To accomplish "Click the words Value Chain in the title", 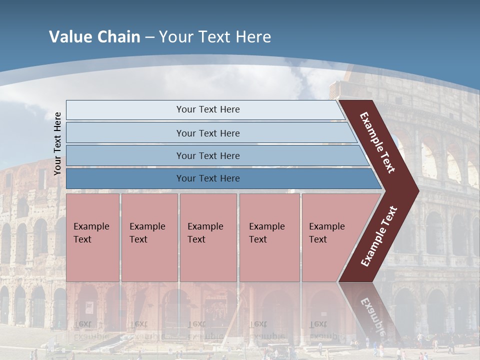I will pyautogui.click(x=94, y=37).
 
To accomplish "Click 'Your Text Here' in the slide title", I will pyautogui.click(x=215, y=37).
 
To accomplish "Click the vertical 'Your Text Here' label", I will pyautogui.click(x=57, y=143).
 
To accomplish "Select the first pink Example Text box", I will pyautogui.click(x=92, y=237).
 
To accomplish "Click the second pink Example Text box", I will pyautogui.click(x=149, y=237).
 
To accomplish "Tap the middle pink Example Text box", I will pyautogui.click(x=208, y=237).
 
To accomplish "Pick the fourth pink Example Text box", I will pyautogui.click(x=269, y=237).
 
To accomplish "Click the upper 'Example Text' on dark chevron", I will pyautogui.click(x=377, y=142).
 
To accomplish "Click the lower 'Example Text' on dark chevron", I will pyautogui.click(x=379, y=236).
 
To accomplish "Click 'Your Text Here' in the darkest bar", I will pyautogui.click(x=208, y=178).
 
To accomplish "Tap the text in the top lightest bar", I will pyautogui.click(x=208, y=109).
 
